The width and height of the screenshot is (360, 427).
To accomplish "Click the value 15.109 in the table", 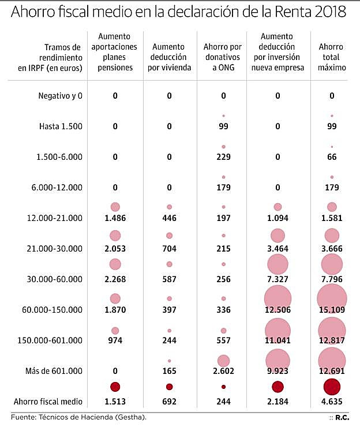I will pos(332,310).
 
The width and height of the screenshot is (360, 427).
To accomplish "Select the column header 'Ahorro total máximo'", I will pos(332,57).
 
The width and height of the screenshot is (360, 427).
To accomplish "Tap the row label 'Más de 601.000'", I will pos(57,370).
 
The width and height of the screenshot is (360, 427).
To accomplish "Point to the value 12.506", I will pos(277,310).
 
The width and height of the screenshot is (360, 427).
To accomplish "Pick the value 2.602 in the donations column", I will pos(224,370).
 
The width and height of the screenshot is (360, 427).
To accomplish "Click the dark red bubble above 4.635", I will pos(332,387).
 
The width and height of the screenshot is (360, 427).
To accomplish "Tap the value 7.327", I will pos(277,279).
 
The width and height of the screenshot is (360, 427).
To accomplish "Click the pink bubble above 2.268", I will pos(115,264).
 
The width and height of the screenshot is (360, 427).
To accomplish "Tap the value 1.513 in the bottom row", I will pos(115,401).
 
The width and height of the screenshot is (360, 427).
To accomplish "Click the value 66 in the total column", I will pos(332,157).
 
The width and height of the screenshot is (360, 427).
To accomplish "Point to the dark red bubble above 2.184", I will pos(277,387).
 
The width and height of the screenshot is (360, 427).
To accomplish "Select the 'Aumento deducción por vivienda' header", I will pos(169,57).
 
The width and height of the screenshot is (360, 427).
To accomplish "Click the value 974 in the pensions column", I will pos(115,340).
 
